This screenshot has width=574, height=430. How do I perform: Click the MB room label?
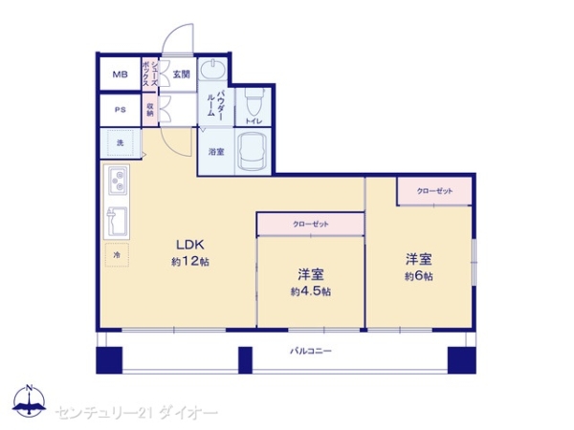tap(121, 75)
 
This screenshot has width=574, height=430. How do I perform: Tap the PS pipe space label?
tap(121, 109)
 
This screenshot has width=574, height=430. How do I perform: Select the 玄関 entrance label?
tap(181, 74)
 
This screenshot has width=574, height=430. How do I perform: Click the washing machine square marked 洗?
tap(121, 143)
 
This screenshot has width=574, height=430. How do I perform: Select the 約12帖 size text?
tap(190, 261)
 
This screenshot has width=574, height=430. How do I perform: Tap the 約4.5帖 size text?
tap(311, 291)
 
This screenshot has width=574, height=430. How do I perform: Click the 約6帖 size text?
tap(418, 276)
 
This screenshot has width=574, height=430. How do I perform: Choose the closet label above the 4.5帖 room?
tap(310, 224)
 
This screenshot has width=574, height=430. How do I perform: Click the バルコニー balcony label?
tap(311, 353)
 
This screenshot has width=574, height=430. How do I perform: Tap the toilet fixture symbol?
tap(253, 99)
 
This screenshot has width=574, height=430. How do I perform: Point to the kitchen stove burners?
tap(119, 180)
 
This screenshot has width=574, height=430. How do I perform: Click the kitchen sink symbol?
tap(118, 219)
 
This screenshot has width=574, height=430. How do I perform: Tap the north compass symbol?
tap(30, 402)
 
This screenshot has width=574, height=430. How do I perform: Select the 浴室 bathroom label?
tap(216, 151)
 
